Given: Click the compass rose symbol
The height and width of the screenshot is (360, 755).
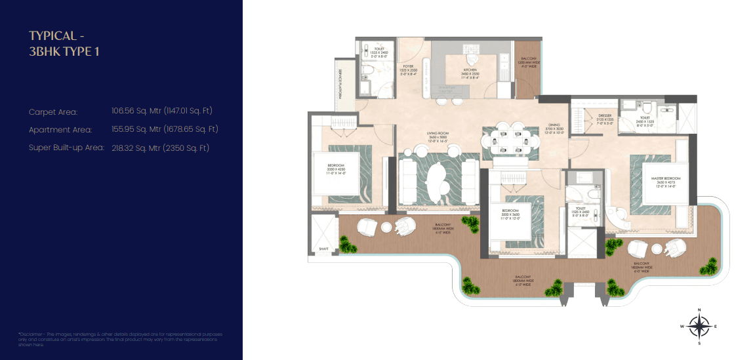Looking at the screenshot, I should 700,325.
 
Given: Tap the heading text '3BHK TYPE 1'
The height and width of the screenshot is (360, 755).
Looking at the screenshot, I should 64,51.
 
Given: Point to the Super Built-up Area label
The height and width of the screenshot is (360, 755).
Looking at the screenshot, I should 66,148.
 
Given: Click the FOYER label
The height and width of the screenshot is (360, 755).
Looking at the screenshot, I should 407,68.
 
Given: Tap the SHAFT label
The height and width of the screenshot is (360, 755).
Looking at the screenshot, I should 323,249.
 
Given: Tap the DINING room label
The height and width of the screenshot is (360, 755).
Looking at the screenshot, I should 554,129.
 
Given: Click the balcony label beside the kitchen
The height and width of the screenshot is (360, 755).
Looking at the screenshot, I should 528,62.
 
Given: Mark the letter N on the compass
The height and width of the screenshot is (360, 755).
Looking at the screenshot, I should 700,310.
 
